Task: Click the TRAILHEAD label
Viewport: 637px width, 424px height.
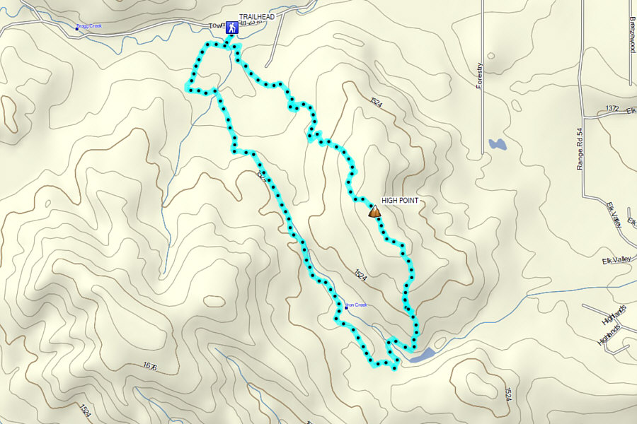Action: (x=256, y=16)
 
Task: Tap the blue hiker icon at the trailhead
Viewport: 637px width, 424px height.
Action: (x=231, y=28)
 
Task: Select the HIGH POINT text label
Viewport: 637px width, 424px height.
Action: (x=400, y=201)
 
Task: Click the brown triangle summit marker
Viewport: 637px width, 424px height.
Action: (x=374, y=211)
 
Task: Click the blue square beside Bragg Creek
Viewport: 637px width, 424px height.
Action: (x=77, y=28)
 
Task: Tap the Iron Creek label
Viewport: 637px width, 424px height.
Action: (x=357, y=305)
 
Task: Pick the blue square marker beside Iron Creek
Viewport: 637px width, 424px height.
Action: (x=346, y=307)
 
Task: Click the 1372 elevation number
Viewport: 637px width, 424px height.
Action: (x=612, y=108)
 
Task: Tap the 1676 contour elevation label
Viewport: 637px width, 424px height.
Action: (x=149, y=366)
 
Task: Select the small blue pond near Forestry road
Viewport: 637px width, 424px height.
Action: (x=497, y=145)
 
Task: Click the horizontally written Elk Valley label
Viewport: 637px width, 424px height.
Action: (x=616, y=261)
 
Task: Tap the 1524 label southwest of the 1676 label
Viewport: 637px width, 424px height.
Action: (x=85, y=410)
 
